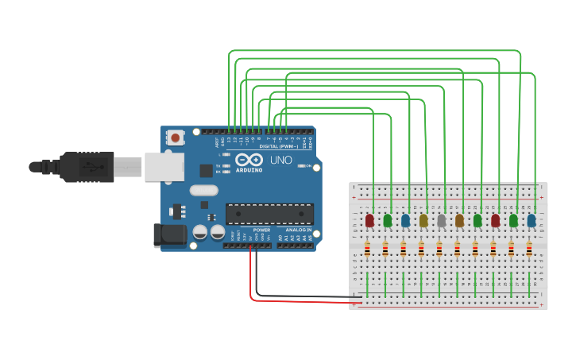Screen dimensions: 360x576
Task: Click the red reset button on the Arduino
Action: click(175, 137)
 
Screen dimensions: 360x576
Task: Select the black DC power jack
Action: click(168, 234)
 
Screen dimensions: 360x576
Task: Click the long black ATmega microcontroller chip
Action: click(269, 214)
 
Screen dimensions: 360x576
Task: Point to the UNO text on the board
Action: click(280, 160)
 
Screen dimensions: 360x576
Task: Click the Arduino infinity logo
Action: click(248, 160)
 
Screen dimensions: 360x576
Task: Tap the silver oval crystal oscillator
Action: click(203, 190)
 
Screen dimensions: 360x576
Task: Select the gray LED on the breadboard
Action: click(442, 220)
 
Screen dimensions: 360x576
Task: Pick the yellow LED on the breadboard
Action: click(423, 220)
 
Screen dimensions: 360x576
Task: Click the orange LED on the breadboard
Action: click(459, 220)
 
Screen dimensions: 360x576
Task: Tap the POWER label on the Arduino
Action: click(261, 230)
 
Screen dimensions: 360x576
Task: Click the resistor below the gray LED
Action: click(439, 250)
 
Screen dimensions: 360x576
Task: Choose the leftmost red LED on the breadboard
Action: click(369, 220)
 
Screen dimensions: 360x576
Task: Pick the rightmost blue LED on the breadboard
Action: click(532, 220)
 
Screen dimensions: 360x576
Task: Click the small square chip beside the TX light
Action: click(206, 170)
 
